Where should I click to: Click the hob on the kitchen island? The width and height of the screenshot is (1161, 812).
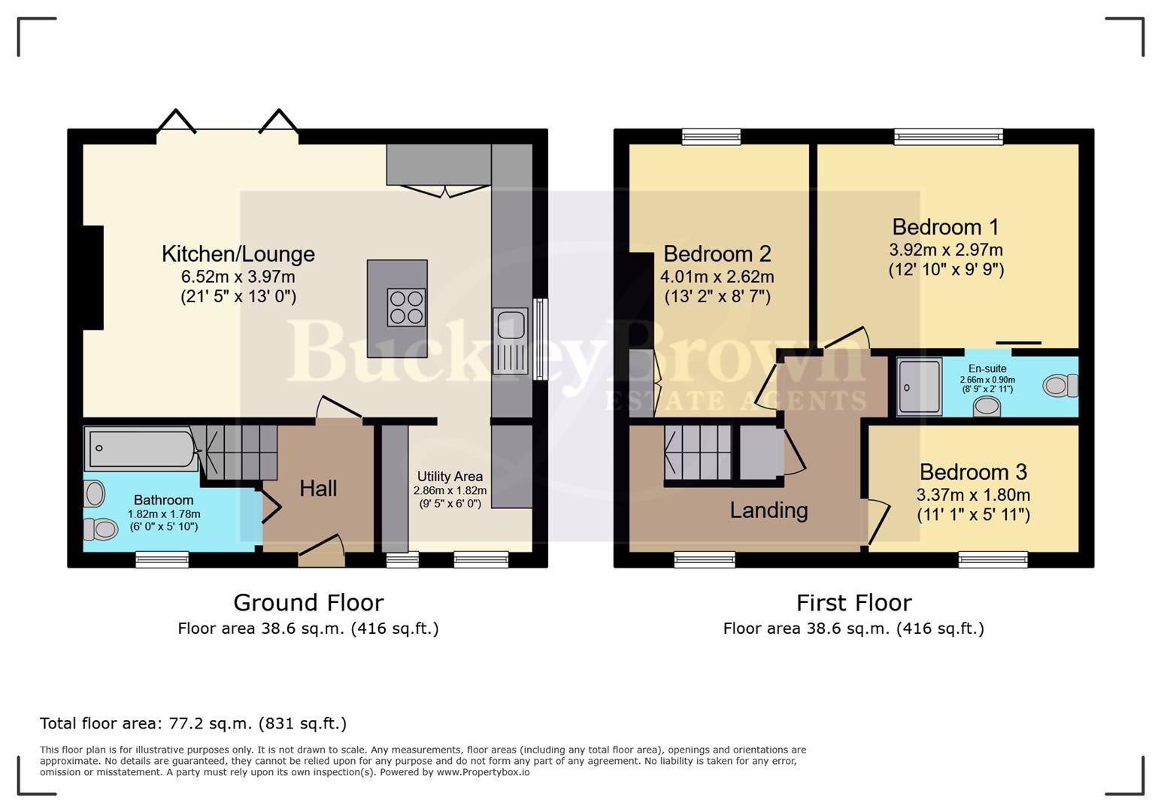[x=406, y=308]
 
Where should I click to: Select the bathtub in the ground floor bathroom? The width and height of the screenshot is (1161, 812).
[x=141, y=449]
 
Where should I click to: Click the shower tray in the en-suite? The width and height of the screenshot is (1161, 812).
[x=919, y=386]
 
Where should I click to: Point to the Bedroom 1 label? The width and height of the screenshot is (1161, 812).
[x=945, y=227]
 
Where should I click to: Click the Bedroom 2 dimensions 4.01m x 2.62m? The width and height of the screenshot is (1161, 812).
[x=717, y=277]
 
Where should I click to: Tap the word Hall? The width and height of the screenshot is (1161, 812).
[x=317, y=489]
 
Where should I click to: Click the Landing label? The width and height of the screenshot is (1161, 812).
[x=768, y=511]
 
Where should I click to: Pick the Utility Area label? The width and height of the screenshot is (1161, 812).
[x=450, y=477]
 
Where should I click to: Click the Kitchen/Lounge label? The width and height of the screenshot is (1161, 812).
[x=238, y=254]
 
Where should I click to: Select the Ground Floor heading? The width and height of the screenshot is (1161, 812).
[x=308, y=602]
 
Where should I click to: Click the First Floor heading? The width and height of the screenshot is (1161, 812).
[x=853, y=602]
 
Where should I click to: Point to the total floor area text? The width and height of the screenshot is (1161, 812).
[x=193, y=723]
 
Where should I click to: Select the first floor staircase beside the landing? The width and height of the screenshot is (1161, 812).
[x=697, y=452]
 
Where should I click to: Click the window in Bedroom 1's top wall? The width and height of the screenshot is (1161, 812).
[x=948, y=136]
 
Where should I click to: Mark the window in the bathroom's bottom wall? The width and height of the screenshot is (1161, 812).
[x=162, y=559]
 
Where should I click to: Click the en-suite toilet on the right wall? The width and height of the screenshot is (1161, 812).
[x=1059, y=386]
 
